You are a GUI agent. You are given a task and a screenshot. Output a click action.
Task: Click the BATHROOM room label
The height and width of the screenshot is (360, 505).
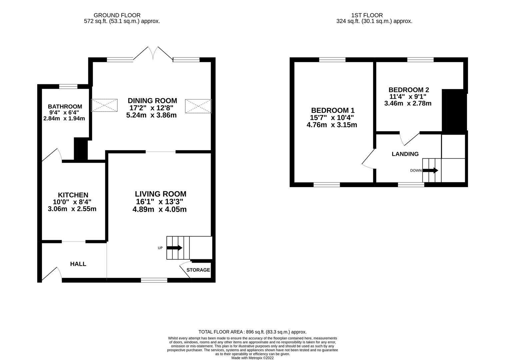click(x=65, y=107)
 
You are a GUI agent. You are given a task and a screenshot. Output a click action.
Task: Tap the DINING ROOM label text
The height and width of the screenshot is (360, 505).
click(x=152, y=101)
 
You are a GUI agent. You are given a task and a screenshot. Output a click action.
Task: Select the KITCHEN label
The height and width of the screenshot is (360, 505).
click(x=73, y=195)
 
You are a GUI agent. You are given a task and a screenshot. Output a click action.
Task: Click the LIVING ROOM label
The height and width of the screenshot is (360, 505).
click(x=160, y=194)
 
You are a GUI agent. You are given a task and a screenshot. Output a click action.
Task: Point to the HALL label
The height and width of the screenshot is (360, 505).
click(x=78, y=264)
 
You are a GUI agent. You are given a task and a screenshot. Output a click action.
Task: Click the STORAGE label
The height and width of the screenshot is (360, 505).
click(x=198, y=270)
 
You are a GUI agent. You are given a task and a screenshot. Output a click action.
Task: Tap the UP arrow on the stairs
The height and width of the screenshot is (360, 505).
click(x=174, y=248)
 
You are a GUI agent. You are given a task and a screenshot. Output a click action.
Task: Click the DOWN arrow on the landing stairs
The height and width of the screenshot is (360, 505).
click(x=430, y=170)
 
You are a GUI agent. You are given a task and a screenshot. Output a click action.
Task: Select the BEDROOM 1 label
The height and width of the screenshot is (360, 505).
click(x=333, y=110)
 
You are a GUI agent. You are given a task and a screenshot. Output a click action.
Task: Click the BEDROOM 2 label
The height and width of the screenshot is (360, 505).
click(x=408, y=90)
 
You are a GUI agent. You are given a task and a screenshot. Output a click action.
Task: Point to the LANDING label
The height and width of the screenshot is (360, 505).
click(x=405, y=154)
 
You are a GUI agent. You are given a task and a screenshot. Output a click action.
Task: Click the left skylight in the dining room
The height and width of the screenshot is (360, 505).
click(x=104, y=105)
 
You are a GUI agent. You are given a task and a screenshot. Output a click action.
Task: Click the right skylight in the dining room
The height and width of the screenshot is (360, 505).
click(x=198, y=106)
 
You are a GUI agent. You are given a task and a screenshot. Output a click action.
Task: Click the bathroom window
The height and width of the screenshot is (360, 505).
click(x=68, y=86)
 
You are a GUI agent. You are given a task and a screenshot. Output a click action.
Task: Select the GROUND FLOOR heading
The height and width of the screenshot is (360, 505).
click(x=117, y=15)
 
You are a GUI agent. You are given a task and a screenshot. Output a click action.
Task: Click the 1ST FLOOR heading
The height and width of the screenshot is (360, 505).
click(x=367, y=15)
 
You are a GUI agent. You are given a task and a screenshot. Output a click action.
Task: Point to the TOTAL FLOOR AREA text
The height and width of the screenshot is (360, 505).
click(x=252, y=332)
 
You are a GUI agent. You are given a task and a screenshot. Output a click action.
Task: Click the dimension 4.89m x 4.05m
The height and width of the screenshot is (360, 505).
click(x=161, y=209)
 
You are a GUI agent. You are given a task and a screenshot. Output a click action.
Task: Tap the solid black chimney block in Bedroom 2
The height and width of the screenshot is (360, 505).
click(x=453, y=111)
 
